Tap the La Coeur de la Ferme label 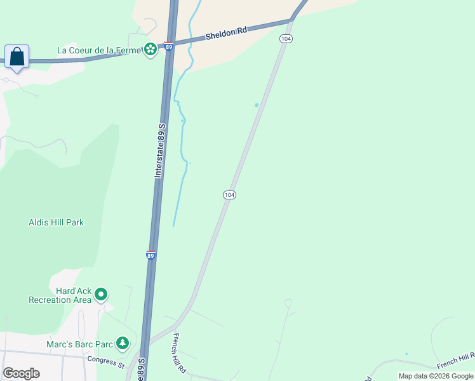pyautogui.click(x=98, y=50)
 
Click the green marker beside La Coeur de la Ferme pyautogui.click(x=151, y=49)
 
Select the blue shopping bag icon pyautogui.click(x=17, y=57)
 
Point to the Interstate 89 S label pyautogui.click(x=161, y=150)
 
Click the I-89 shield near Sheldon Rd pyautogui.click(x=168, y=46)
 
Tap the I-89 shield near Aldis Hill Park pyautogui.click(x=151, y=255)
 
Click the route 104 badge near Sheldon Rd pyautogui.click(x=286, y=39)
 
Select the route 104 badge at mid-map pyautogui.click(x=230, y=194)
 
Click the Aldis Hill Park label pyautogui.click(x=57, y=222)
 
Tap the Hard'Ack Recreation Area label pyautogui.click(x=60, y=295)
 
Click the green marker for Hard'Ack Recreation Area pyautogui.click(x=101, y=294)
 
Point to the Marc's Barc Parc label pyautogui.click(x=79, y=345)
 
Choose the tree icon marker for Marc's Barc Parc pyautogui.click(x=123, y=344)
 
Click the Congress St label pyautogui.click(x=106, y=361)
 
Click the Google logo pyautogui.click(x=21, y=373)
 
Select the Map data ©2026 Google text pyautogui.click(x=436, y=376)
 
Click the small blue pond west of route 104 pyautogui.click(x=257, y=105)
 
